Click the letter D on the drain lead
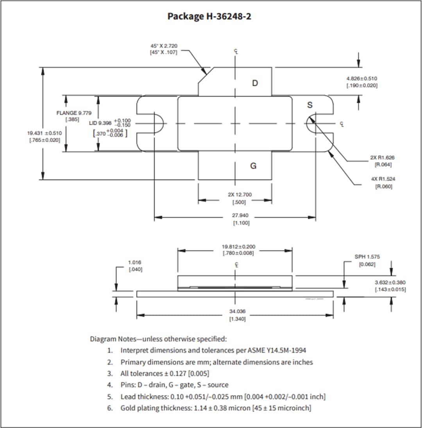point(255,83)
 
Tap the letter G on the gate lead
point(253,166)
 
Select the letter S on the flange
point(310,105)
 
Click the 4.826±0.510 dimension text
point(362,78)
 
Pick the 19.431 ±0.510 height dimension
point(44,133)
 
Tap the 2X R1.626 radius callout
point(383,157)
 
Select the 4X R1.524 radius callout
point(383,179)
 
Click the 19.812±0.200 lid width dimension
point(238,247)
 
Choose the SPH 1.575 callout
point(367,257)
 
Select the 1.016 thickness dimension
point(135,262)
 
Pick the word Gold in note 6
point(129,408)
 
